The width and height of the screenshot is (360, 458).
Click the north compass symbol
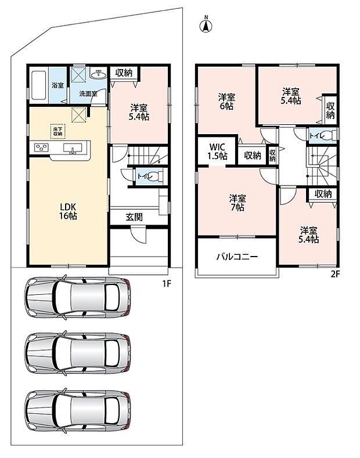click(x=206, y=26)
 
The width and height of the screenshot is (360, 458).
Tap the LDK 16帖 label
click(x=69, y=211)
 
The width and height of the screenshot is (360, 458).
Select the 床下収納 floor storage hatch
click(x=57, y=131)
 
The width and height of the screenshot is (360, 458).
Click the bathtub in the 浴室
click(x=38, y=85)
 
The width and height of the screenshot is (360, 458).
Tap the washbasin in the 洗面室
click(x=98, y=74)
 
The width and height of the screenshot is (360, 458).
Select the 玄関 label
click(x=134, y=217)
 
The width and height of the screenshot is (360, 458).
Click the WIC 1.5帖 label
click(x=217, y=152)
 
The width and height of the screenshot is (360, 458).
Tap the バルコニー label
click(x=237, y=257)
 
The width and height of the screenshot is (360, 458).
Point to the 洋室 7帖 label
click(x=237, y=203)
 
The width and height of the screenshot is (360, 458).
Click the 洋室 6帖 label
click(x=226, y=102)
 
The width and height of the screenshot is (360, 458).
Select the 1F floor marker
click(x=167, y=284)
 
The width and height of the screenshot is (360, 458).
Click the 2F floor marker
click(x=335, y=274)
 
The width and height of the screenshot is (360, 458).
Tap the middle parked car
click(x=77, y=353)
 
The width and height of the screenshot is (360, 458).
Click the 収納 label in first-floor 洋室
click(x=124, y=73)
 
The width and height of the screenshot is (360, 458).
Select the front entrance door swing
click(x=138, y=235)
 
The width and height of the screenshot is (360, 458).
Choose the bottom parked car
click(x=77, y=410)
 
